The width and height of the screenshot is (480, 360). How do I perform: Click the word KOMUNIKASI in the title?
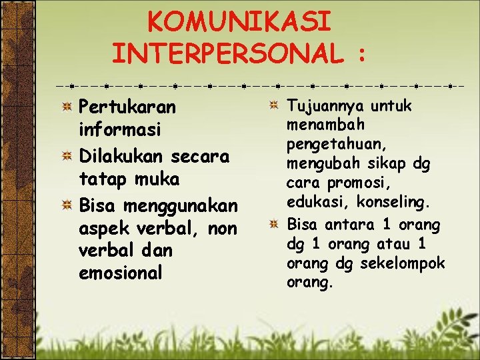pyautogui.click(x=239, y=22)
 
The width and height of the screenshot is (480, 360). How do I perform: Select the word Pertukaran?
pyautogui.click(x=127, y=107)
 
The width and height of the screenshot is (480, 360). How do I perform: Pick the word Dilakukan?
pyautogui.click(x=122, y=157)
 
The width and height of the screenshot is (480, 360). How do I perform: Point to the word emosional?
pyautogui.click(x=121, y=273)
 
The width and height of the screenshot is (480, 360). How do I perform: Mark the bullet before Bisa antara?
pyautogui.click(x=274, y=225)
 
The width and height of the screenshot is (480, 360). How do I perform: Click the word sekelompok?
pyautogui.click(x=403, y=263)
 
